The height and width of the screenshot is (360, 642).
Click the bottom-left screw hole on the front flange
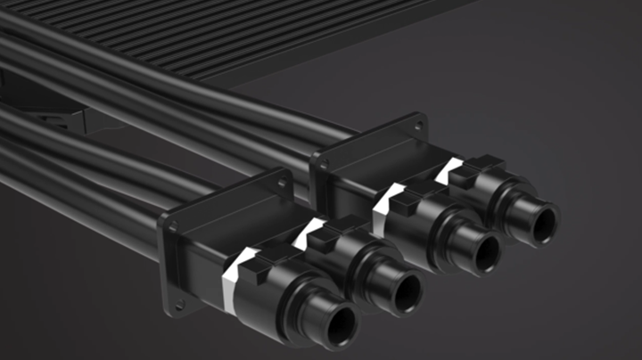(x=177, y=307)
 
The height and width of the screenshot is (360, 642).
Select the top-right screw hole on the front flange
(x=283, y=184)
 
